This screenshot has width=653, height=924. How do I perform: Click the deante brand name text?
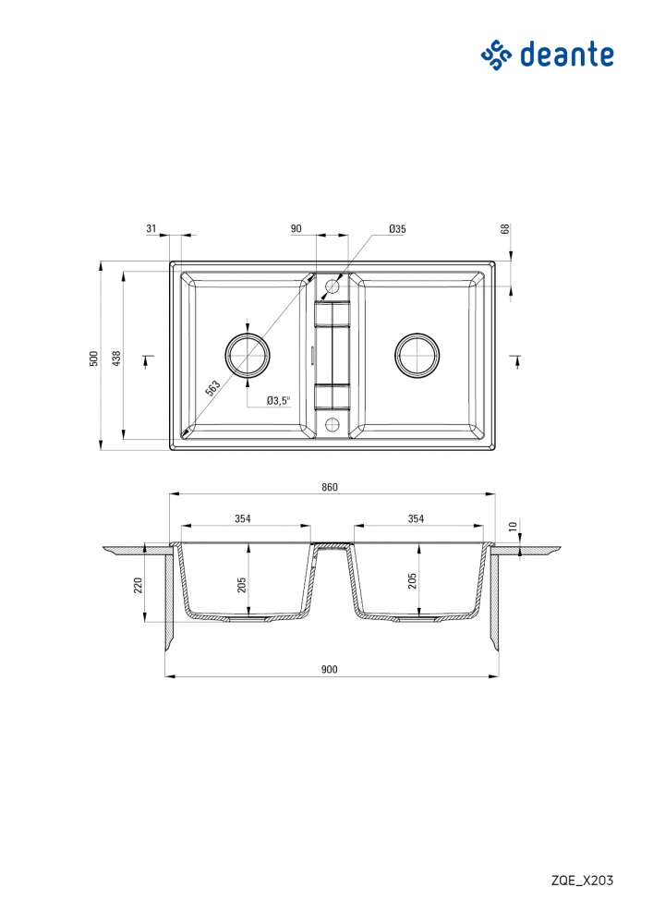567,55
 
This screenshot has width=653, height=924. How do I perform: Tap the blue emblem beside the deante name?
496,55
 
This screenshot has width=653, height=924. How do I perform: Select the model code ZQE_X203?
582,881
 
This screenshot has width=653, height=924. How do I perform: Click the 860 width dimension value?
330,487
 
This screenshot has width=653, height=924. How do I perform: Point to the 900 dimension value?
330,669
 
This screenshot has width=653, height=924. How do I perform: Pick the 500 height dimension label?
93,359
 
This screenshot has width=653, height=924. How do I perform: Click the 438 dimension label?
116,359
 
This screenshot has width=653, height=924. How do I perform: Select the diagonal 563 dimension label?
212,388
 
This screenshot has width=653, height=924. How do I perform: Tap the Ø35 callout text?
397,229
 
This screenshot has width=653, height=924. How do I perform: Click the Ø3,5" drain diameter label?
279,401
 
